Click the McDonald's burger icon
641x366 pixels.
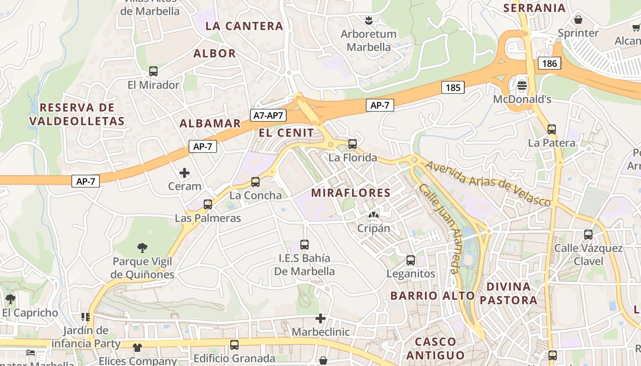click(x=521, y=85)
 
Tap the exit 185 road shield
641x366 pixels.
click(x=453, y=87)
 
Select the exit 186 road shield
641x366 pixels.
click(x=549, y=63)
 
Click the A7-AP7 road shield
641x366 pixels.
click(x=269, y=115)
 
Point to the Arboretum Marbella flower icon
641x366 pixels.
click(x=368, y=20)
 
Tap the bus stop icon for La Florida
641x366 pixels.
click(x=352, y=144)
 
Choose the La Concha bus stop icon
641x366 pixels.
click(x=255, y=182)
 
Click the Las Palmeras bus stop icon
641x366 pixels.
click(x=208, y=205)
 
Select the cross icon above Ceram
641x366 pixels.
click(x=185, y=172)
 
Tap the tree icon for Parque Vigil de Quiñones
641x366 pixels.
click(x=142, y=248)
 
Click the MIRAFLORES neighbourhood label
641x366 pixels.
click(x=351, y=193)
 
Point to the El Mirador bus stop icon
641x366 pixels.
click(x=153, y=71)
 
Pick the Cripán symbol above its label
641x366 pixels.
click(x=374, y=215)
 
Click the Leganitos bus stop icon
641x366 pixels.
click(x=411, y=260)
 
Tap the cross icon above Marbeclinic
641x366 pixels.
click(x=320, y=318)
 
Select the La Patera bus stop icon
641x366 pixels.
click(x=552, y=129)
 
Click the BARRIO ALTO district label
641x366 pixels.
click(x=432, y=296)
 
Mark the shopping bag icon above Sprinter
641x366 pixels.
click(x=578, y=20)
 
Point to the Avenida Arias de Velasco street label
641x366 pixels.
click(x=488, y=183)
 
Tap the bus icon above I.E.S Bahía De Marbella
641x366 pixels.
click(x=304, y=245)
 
